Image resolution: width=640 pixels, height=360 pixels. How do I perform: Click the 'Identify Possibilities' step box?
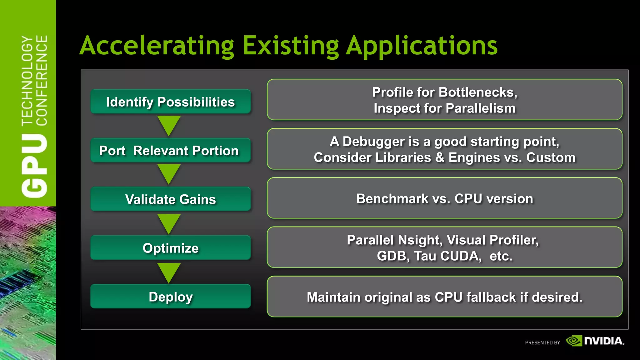click(x=170, y=102)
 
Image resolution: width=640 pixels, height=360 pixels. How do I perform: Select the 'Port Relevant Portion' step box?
click(x=170, y=151)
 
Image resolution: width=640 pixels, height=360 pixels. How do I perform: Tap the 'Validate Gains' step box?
click(x=170, y=199)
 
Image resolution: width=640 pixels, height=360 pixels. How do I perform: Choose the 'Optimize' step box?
click(x=170, y=248)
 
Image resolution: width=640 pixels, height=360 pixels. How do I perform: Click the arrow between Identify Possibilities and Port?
click(x=169, y=125)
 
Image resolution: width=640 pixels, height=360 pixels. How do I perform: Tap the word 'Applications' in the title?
click(x=422, y=46)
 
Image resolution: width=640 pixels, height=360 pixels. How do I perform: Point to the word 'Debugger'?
click(x=373, y=142)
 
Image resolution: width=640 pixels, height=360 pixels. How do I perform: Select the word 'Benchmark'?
click(x=392, y=199)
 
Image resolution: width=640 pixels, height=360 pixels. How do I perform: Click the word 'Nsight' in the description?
click(x=420, y=240)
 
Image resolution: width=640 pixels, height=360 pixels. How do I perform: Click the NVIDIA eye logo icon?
click(x=574, y=341)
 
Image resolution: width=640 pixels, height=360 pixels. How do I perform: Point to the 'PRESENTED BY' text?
click(x=542, y=343)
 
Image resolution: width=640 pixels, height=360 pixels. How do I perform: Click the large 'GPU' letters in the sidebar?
click(x=34, y=166)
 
